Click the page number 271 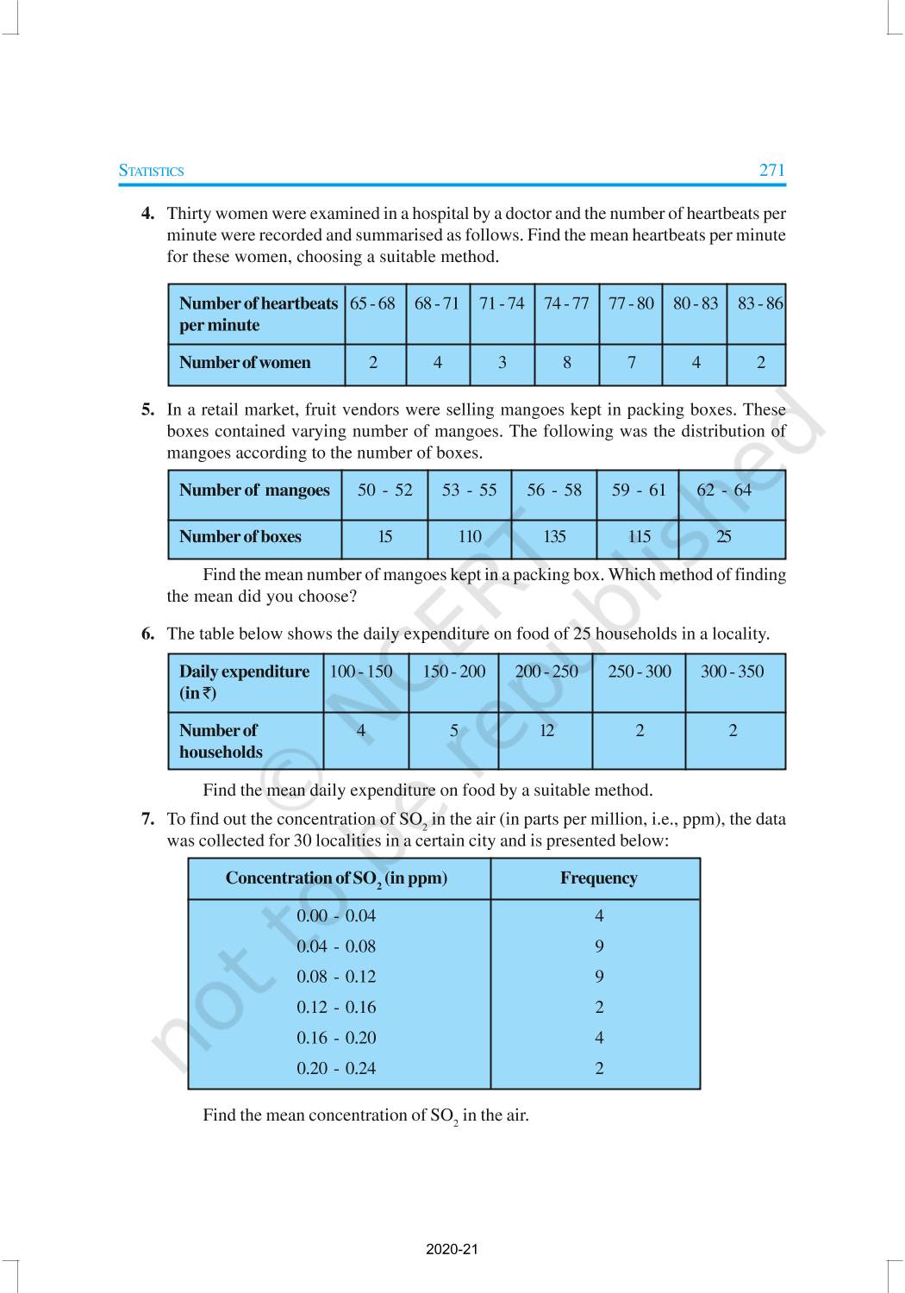[x=771, y=170]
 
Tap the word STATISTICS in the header [x=152, y=171]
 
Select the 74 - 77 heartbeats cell [x=566, y=303]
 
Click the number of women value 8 [x=567, y=363]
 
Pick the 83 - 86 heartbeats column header [x=759, y=303]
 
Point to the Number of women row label [x=245, y=363]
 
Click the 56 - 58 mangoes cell [x=554, y=490]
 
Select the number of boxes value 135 [x=554, y=537]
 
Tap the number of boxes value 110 [x=470, y=537]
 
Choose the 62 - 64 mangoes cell [x=724, y=490]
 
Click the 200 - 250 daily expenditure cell [x=546, y=671]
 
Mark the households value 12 [x=546, y=731]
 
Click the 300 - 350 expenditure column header [x=732, y=671]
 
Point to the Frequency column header [x=598, y=878]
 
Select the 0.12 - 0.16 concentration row [x=336, y=1008]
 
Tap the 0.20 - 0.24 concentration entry [x=336, y=1069]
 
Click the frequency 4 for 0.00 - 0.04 [x=599, y=916]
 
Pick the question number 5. [x=147, y=410]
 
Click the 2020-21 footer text [x=452, y=1249]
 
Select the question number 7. [x=147, y=820]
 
